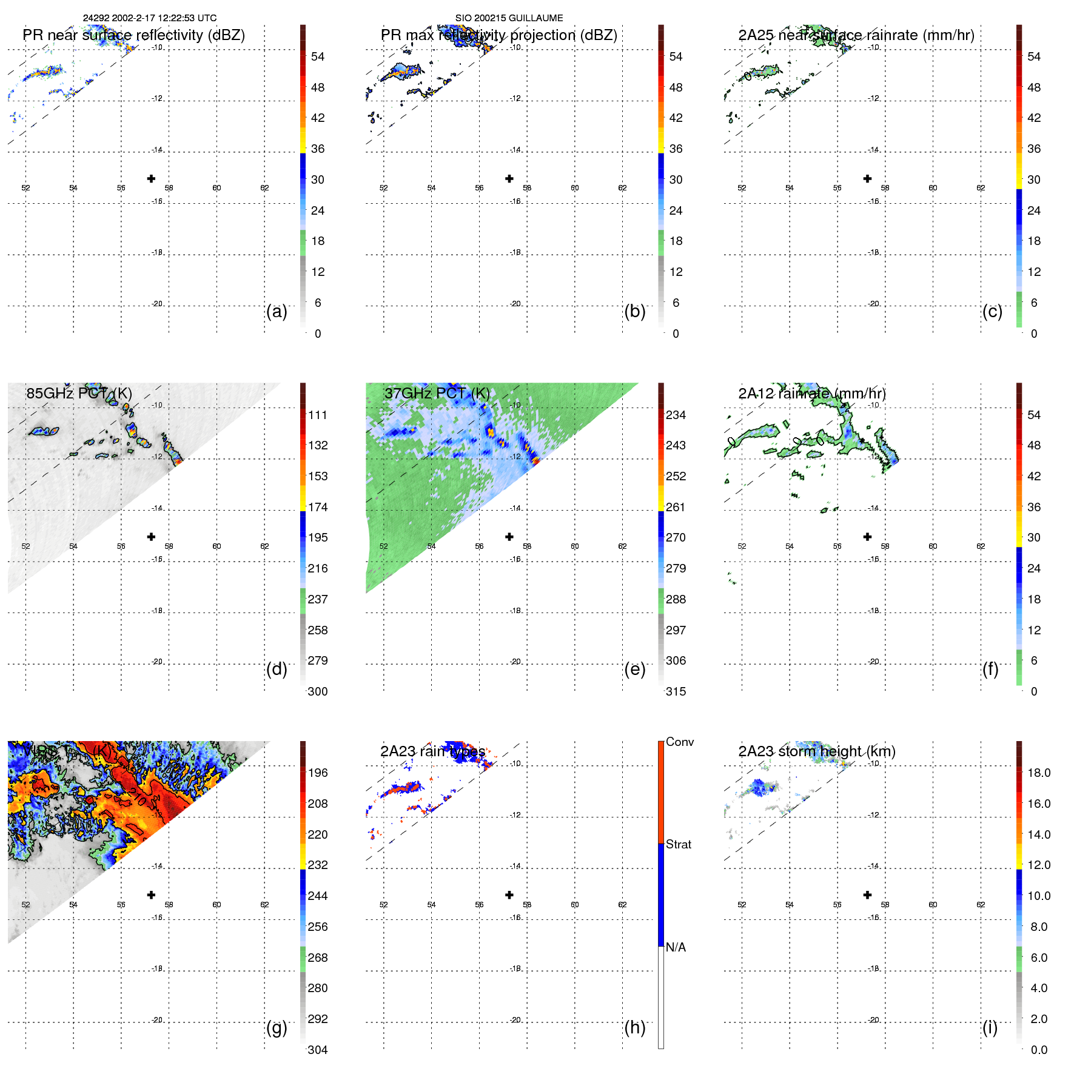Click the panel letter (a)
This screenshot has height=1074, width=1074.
277,312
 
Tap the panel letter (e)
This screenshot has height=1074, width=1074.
634,670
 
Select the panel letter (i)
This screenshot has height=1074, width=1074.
990,1028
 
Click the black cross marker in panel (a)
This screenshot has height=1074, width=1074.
152,179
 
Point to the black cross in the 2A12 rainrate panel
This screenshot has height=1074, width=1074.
868,537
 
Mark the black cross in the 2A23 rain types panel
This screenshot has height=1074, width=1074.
509,895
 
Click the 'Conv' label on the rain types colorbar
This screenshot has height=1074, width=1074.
679,742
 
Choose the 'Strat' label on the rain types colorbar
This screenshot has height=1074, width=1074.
678,844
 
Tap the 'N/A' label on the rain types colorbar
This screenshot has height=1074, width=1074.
676,947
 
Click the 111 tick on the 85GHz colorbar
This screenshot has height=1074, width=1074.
318,415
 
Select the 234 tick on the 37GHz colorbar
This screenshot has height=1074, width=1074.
676,415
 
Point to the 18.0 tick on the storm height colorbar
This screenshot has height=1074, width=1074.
1039,773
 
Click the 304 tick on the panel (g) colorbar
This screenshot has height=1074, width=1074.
318,1050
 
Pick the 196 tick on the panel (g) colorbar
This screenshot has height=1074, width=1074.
318,773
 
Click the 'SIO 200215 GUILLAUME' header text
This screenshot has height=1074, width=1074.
509,18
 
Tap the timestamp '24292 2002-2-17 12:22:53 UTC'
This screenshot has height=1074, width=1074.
150,18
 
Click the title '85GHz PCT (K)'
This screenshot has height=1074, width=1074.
79,393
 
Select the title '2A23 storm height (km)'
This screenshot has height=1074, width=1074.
817,751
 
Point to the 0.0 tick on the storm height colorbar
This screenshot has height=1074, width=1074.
1039,1050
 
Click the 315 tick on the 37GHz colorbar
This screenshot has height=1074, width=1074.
676,691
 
